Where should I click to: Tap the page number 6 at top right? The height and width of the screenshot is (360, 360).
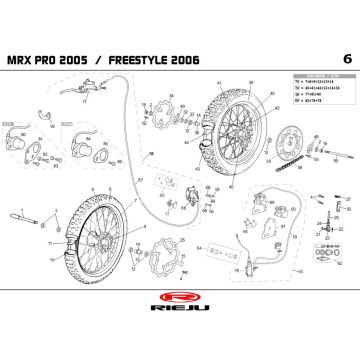(345, 56)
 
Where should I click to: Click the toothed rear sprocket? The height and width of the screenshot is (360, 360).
(290, 139)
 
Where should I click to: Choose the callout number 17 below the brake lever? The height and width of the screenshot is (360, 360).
(86, 101)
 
